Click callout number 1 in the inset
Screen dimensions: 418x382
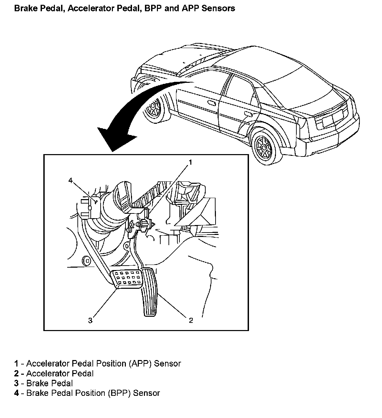pyautogui.click(x=190, y=162)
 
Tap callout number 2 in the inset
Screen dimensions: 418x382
pyautogui.click(x=191, y=320)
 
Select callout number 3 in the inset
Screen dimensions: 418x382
pyautogui.click(x=90, y=320)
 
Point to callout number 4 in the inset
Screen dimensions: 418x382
pyautogui.click(x=71, y=181)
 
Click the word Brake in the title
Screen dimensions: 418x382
pyautogui.click(x=25, y=8)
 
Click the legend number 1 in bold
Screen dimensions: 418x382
pyautogui.click(x=16, y=363)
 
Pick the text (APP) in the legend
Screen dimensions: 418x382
pyautogui.click(x=140, y=363)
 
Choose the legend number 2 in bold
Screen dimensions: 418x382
pyautogui.click(x=16, y=373)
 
